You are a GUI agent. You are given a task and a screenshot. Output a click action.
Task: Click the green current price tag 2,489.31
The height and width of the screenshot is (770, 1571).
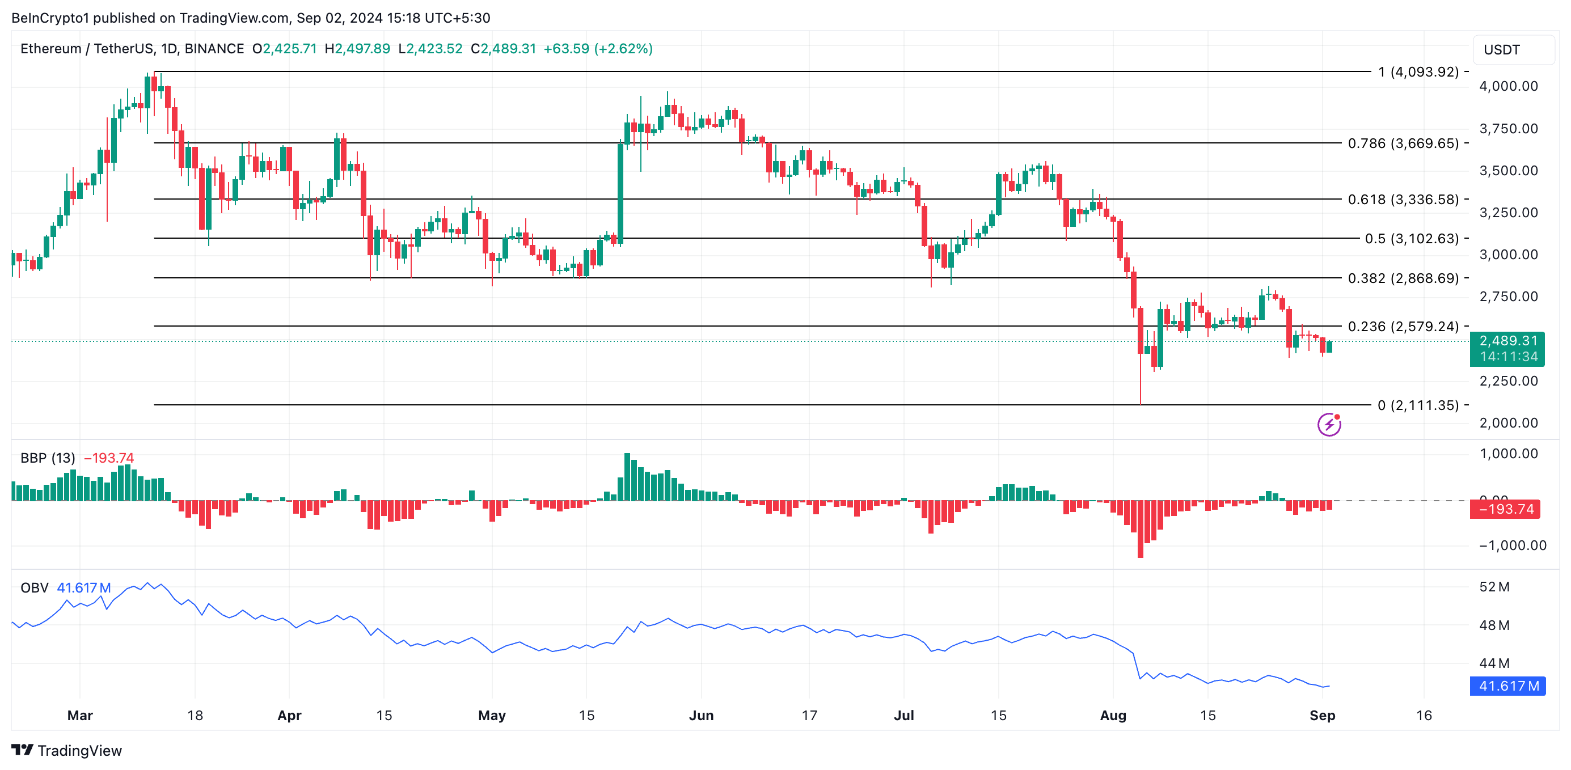point(1507,341)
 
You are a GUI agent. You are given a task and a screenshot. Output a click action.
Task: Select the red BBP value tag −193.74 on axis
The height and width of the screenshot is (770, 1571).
point(1505,509)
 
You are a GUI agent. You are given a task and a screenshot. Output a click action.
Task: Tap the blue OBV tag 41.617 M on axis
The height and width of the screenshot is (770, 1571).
point(1507,686)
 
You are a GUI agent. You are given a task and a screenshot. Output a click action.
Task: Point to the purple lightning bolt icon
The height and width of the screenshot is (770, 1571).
point(1329,424)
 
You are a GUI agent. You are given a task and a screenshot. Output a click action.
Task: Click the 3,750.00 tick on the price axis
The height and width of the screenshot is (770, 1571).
point(1508,129)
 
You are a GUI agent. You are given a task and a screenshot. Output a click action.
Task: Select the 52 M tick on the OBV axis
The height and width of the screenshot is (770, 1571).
point(1494,586)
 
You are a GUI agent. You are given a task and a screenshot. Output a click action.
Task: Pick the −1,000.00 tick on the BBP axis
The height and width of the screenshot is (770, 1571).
point(1512,545)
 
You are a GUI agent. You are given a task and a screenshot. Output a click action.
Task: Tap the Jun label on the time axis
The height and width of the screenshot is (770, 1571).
point(701,715)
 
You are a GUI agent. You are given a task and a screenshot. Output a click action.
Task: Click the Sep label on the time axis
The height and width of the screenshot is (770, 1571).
point(1321,715)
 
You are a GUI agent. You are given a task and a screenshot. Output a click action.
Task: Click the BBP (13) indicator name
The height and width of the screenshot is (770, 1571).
point(48,458)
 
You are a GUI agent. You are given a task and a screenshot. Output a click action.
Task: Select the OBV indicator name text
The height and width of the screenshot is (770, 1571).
point(34,588)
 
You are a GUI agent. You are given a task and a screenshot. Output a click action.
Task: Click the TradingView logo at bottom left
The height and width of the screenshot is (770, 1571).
point(66,751)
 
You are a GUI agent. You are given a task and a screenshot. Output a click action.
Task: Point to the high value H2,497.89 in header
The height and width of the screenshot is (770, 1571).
point(357,49)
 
